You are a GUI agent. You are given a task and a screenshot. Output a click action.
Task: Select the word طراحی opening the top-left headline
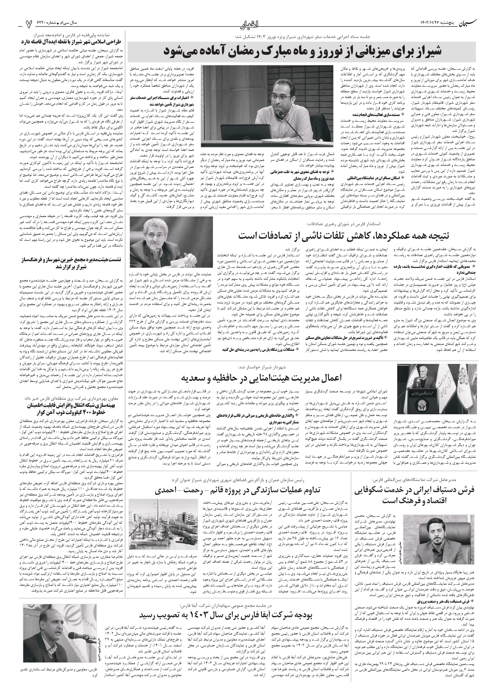tap(115, 42)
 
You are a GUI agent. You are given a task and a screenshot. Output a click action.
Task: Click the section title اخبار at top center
tap(248, 22)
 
